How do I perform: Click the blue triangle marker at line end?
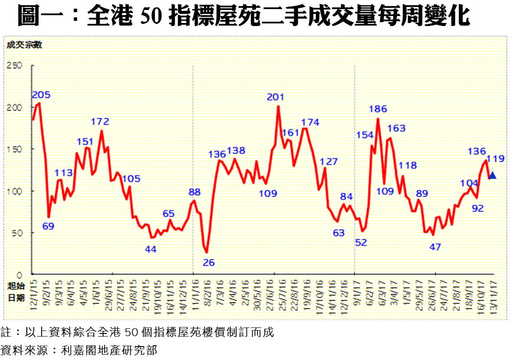pyautogui.click(x=492, y=175)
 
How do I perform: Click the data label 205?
pyautogui.click(x=41, y=95)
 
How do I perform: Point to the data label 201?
pyautogui.click(x=276, y=98)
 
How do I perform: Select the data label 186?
pyautogui.click(x=378, y=109)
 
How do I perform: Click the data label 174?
pyautogui.click(x=310, y=122)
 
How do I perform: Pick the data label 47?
pyautogui.click(x=435, y=247)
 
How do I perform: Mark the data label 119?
pyautogui.click(x=496, y=159)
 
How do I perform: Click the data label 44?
pyautogui.click(x=150, y=249)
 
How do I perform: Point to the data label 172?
pyautogui.click(x=100, y=121)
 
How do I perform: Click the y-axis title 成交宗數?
pyautogui.click(x=24, y=45)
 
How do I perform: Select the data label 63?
pyautogui.click(x=339, y=233)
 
